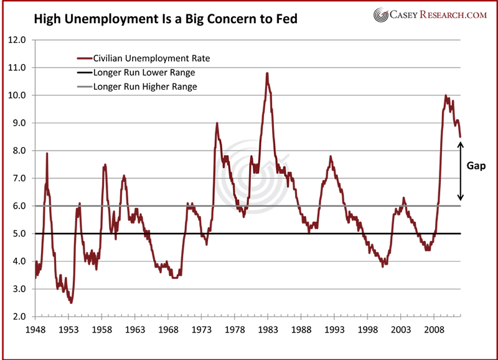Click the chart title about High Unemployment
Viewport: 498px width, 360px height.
point(158,19)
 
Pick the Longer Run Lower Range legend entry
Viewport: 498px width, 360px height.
point(144,72)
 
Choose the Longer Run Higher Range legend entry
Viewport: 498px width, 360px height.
point(145,87)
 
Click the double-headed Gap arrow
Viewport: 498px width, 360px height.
point(461,171)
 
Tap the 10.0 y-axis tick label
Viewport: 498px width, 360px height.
point(17,95)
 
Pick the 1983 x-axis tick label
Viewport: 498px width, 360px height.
point(268,329)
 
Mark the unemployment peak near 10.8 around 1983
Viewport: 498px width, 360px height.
point(267,73)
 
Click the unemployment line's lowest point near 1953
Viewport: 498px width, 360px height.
point(71,303)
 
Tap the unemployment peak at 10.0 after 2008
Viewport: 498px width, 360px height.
point(445,95)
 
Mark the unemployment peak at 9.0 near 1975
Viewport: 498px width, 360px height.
point(217,123)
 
